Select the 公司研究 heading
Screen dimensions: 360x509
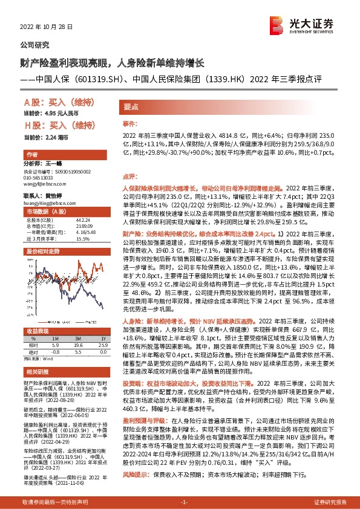pos(35,46)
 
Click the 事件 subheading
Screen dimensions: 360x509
pos(131,123)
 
